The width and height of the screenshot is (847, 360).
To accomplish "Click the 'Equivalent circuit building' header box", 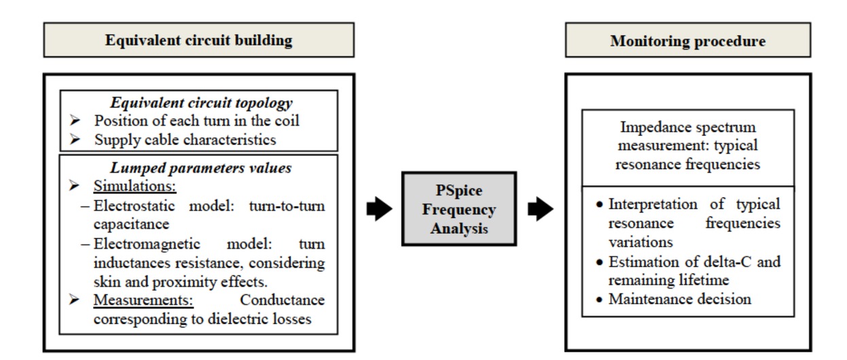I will coord(198,40).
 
